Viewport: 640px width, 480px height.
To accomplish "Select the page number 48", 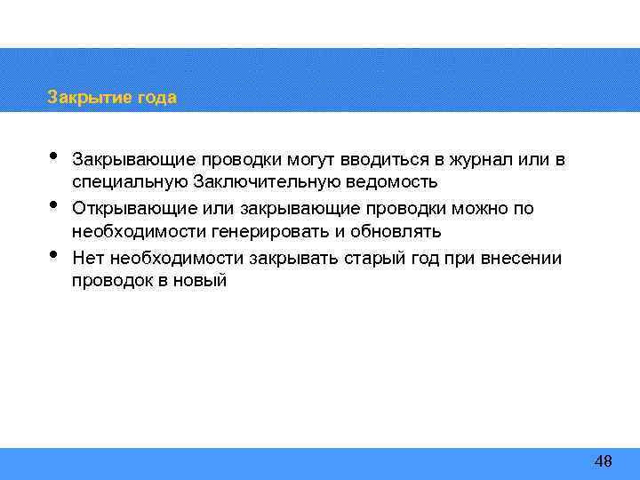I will [603, 460].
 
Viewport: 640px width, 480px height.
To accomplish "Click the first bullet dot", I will [53, 156].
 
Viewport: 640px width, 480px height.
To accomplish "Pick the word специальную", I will [129, 183].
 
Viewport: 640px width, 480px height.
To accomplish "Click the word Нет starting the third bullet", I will [86, 258].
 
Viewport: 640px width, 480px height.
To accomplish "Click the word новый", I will [204, 281].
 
